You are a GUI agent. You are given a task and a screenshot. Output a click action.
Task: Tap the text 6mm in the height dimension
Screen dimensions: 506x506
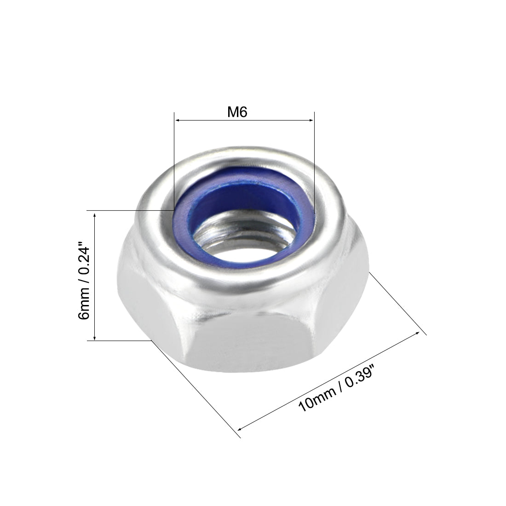click(x=85, y=309)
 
